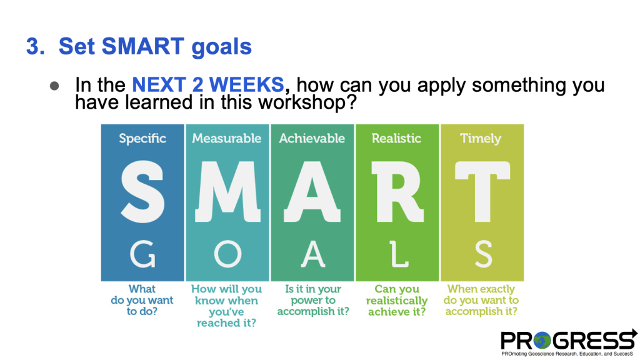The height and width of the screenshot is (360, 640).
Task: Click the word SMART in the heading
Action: (x=143, y=46)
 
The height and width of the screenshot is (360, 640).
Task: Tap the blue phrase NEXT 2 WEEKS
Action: (x=207, y=85)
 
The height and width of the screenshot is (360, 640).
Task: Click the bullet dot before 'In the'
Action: (x=54, y=86)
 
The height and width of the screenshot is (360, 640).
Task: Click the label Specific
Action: (x=142, y=138)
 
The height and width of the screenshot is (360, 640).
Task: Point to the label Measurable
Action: (x=226, y=138)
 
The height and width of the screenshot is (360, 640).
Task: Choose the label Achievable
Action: (x=312, y=138)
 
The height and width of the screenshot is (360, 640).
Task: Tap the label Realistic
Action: (x=396, y=138)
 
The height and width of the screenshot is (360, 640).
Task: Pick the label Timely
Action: (x=481, y=139)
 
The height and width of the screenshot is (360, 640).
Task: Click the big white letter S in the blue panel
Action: (x=142, y=191)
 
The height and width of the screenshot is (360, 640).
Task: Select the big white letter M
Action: (x=227, y=191)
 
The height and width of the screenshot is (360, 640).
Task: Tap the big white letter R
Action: (x=397, y=191)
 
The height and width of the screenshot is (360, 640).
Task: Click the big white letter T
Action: (x=482, y=191)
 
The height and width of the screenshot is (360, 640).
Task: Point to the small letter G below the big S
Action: (x=142, y=254)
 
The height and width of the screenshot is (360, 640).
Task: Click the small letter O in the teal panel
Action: (x=227, y=254)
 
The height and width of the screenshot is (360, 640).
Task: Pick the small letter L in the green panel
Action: (x=398, y=254)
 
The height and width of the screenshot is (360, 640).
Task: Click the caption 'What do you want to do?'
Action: (x=142, y=300)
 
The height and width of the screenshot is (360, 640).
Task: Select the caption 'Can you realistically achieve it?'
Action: (x=397, y=301)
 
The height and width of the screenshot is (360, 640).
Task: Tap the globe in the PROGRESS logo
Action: (x=542, y=340)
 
